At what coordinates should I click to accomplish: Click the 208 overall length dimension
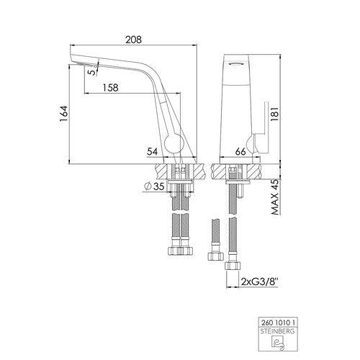coord(134,40)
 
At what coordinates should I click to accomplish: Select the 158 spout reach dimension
coord(111,88)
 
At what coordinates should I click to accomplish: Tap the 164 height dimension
coord(64,114)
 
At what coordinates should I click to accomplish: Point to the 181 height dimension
coord(274,114)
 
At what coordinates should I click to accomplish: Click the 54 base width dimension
coord(153,152)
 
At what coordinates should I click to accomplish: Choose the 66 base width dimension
coord(240,152)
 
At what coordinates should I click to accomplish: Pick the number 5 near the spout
coord(92,72)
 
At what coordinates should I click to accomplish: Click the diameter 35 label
coord(154,186)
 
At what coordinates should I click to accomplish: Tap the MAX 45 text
coord(275,197)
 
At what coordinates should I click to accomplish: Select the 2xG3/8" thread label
coord(259,282)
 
